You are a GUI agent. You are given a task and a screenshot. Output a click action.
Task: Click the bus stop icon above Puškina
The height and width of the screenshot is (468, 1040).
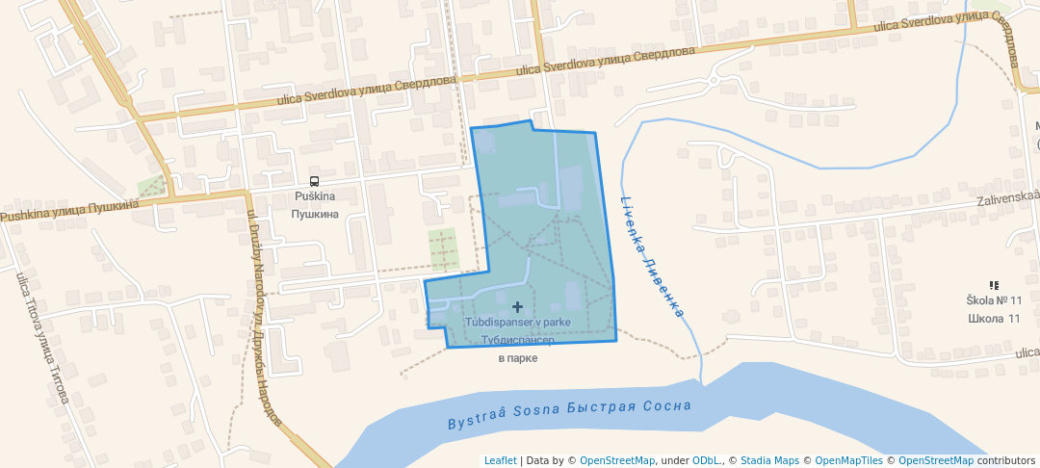point(314,181)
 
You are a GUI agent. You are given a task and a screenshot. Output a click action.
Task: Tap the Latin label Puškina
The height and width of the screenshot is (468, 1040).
point(314,196)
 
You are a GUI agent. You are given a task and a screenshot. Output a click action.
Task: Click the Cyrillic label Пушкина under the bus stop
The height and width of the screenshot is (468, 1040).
point(315,213)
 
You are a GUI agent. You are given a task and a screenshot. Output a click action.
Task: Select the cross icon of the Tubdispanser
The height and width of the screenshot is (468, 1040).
point(518,306)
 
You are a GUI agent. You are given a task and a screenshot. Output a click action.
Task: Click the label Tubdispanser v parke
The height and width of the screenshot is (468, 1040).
point(518,322)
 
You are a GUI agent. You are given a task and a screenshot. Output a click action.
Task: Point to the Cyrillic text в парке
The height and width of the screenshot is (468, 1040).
point(517,358)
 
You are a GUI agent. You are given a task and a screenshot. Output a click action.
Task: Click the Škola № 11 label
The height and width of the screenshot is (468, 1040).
point(994,301)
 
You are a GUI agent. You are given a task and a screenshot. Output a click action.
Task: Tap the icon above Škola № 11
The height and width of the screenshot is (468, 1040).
point(994,285)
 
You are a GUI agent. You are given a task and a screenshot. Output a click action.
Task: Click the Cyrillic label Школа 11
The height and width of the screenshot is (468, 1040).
point(993,319)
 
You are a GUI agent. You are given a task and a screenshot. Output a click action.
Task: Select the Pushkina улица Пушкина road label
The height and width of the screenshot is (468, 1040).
point(69,210)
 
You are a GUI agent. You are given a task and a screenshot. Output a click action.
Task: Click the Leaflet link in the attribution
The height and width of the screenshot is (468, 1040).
point(500,460)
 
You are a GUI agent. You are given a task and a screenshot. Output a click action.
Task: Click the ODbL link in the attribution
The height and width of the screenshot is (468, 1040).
point(707,460)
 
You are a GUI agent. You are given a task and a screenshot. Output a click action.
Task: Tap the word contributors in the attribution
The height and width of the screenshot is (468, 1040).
point(1005,460)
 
